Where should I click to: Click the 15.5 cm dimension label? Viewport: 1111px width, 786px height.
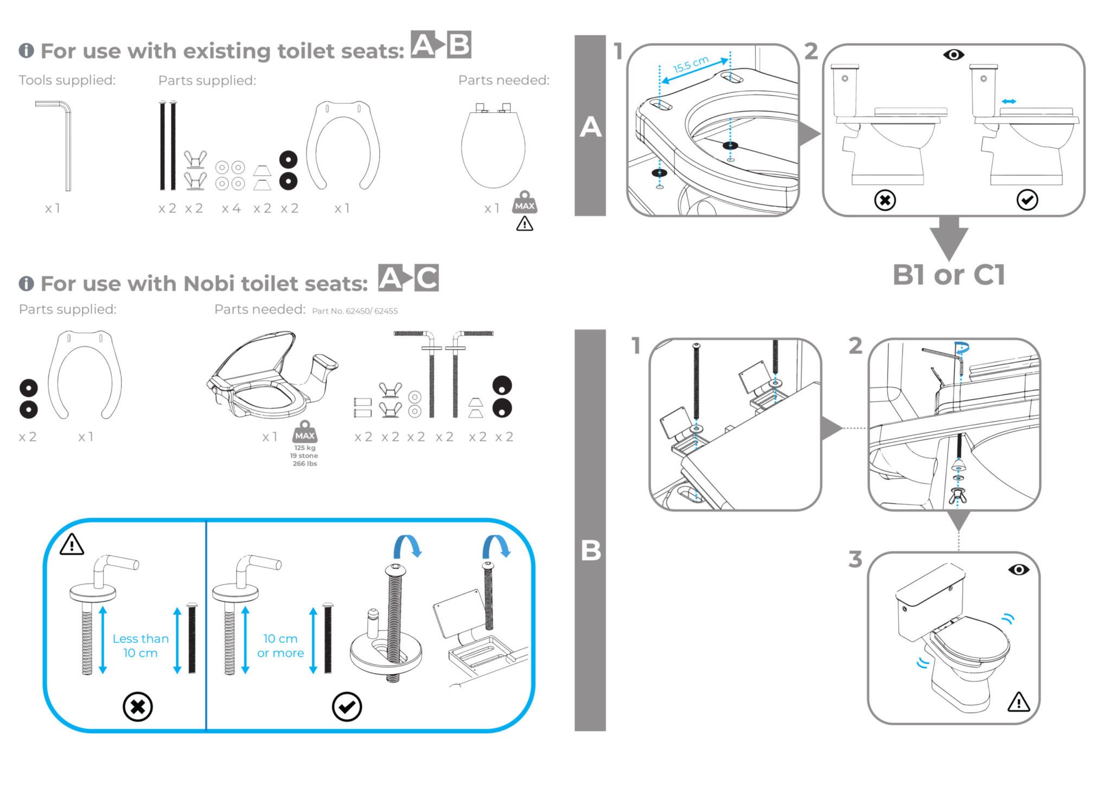click(690, 65)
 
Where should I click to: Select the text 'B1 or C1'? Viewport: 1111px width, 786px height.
click(948, 275)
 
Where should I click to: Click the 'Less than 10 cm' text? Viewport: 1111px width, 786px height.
click(141, 645)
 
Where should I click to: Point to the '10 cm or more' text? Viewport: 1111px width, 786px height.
click(280, 645)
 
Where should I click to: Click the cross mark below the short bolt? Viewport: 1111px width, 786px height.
click(137, 707)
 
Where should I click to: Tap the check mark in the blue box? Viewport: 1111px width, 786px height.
click(346, 707)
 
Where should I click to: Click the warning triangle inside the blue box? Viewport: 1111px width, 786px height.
click(72, 544)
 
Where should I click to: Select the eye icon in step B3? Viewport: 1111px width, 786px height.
click(1018, 569)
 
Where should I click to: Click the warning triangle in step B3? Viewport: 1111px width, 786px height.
click(1018, 702)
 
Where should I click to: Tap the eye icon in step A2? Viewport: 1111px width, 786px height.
click(953, 55)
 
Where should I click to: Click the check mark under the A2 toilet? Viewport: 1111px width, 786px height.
click(1027, 200)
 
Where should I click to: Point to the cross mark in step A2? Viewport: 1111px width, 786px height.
click(885, 200)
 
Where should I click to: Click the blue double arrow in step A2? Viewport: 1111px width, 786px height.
click(1008, 102)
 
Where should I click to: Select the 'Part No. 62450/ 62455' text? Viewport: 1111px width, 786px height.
click(355, 311)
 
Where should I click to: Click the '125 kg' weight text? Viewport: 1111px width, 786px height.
click(304, 448)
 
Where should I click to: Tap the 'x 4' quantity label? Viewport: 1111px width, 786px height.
click(231, 208)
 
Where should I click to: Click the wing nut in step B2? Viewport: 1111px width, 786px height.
click(957, 495)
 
